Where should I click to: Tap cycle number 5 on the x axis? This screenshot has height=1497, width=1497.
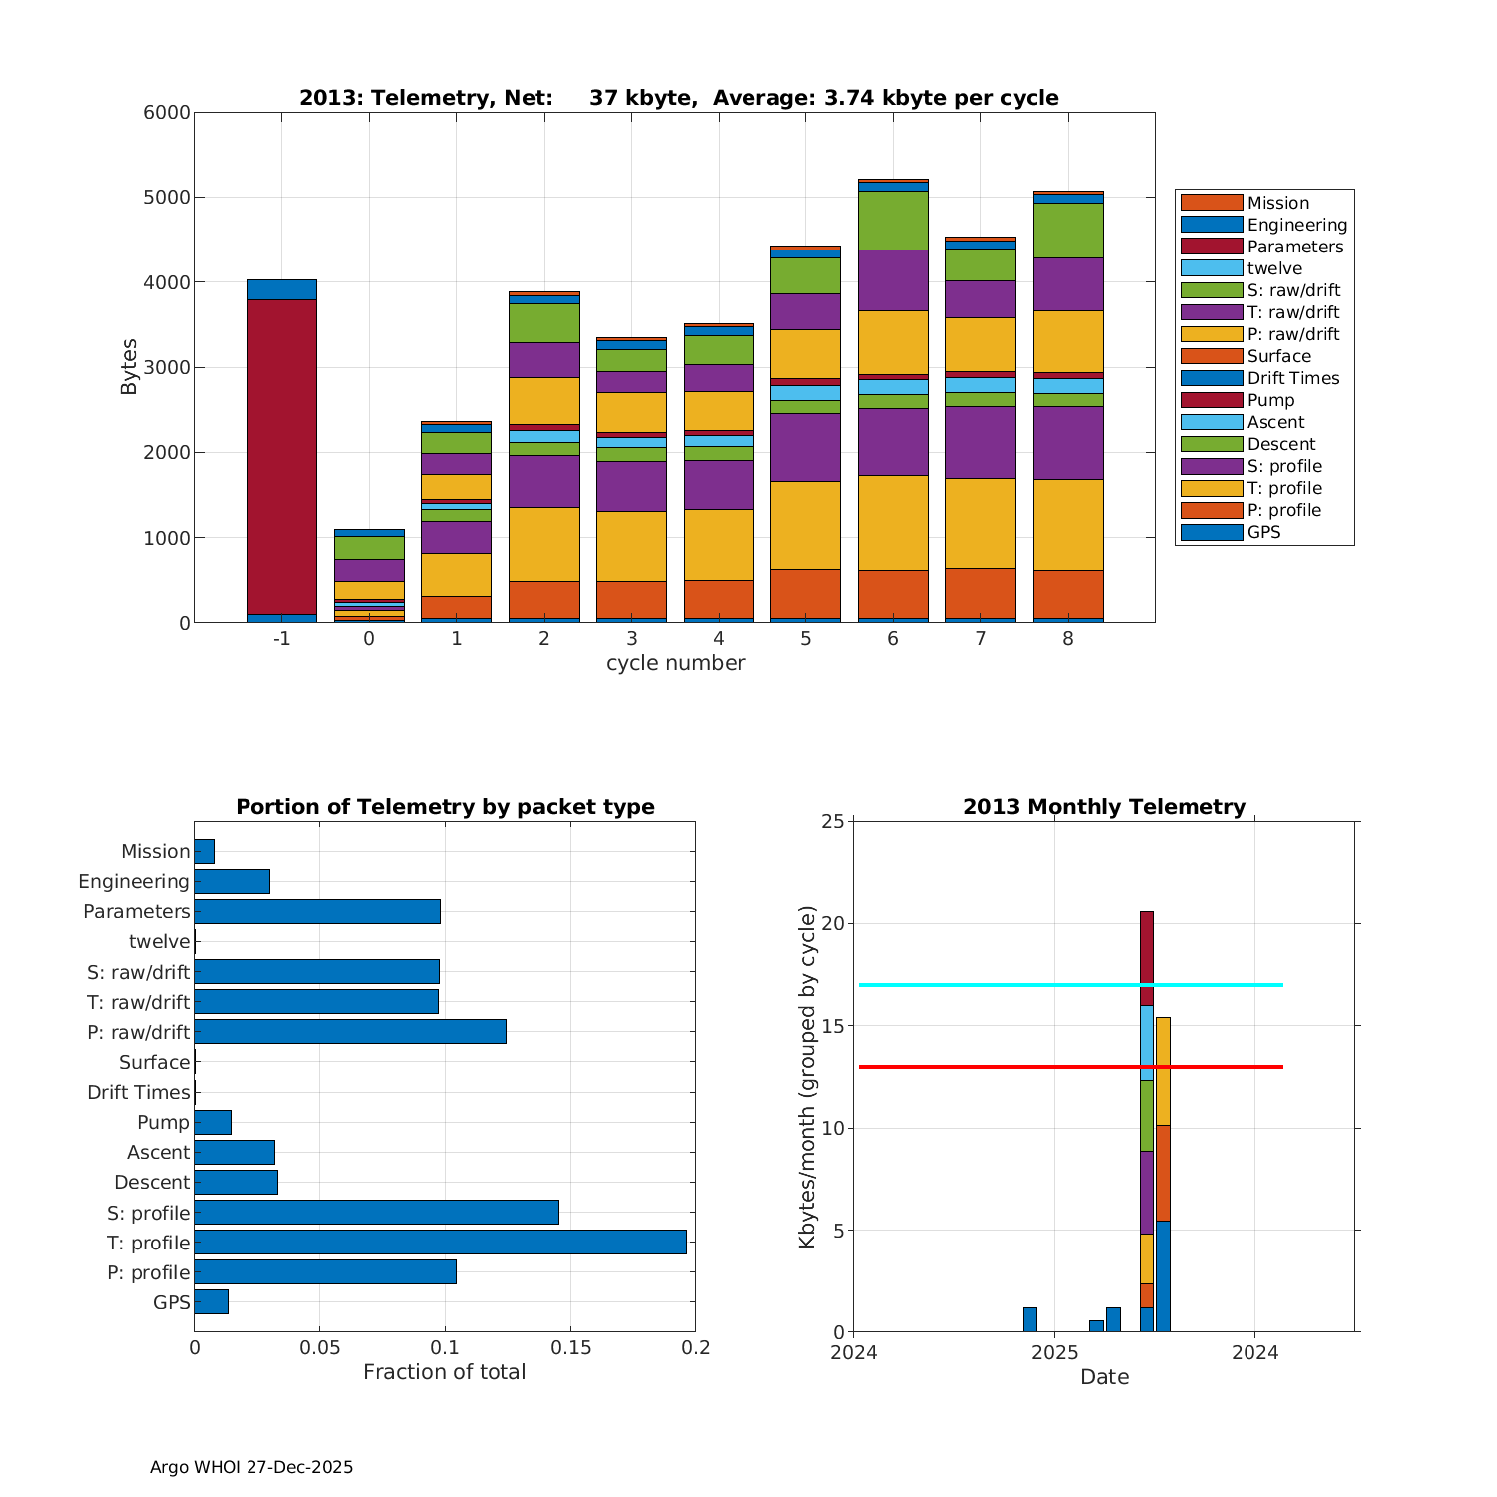tap(805, 639)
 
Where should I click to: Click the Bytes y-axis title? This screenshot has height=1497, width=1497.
tap(129, 367)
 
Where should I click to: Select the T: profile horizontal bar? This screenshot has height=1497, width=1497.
tap(439, 1242)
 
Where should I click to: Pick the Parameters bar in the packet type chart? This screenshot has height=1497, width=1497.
tap(317, 911)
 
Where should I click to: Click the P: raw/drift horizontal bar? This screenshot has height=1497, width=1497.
tap(350, 1031)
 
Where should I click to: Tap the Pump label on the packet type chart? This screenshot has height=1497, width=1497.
tap(163, 1122)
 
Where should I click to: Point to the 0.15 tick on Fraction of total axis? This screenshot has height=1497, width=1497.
tap(570, 1348)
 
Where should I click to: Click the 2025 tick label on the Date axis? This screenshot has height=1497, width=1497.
tap(1054, 1353)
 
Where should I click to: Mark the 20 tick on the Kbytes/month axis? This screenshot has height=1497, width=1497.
tap(834, 924)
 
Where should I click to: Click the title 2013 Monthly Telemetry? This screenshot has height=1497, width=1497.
tap(1104, 807)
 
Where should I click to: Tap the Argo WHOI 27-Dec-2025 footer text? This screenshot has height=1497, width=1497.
tap(251, 1467)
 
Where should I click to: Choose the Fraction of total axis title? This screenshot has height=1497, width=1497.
tap(444, 1372)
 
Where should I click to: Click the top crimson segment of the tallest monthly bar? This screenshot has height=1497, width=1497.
tap(1147, 958)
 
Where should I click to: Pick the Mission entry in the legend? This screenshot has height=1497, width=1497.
tap(1277, 203)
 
